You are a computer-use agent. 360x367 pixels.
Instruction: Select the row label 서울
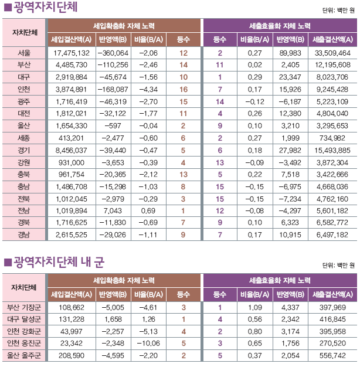[x=24, y=52]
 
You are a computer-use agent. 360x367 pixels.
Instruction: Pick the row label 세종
[x=24, y=138]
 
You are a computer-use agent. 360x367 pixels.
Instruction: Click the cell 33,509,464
[x=332, y=52]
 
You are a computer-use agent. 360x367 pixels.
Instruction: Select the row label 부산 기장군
[x=24, y=307]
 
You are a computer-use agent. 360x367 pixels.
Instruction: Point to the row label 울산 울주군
[x=24, y=355]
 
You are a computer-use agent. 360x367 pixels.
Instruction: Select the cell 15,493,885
[x=332, y=149]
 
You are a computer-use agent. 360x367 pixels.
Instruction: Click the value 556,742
[x=332, y=355]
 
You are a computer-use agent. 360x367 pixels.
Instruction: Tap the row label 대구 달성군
[x=24, y=319]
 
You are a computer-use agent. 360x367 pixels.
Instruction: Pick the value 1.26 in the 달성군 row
[x=146, y=319]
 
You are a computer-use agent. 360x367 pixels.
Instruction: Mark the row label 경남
[x=24, y=235]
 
